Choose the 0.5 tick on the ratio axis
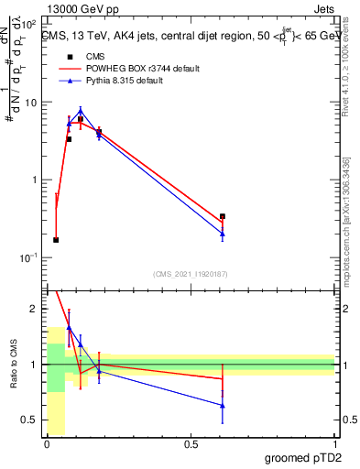(x=32, y=420)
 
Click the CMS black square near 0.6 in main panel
(x=223, y=217)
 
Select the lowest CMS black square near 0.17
(x=56, y=240)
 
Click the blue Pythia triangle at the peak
(x=81, y=110)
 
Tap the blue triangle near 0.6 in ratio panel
(x=223, y=405)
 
